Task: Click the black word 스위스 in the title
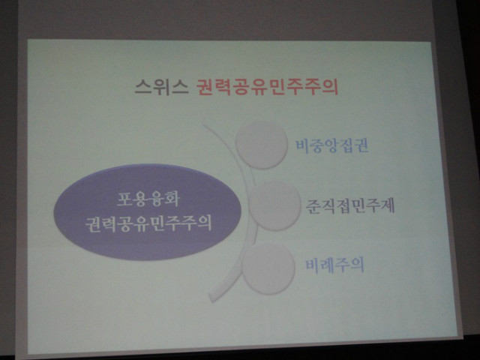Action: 161,87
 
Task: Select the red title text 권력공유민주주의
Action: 267,87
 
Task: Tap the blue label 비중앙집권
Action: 331,145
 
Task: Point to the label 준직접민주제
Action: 350,205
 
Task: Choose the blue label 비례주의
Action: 334,265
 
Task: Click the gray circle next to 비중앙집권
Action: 262,145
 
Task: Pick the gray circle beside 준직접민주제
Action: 274,205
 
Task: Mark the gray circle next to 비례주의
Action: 268,269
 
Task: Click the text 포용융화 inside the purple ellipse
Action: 148,199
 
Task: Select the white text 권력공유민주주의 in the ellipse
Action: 148,223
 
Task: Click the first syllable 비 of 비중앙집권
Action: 302,145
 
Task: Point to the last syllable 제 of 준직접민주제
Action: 387,205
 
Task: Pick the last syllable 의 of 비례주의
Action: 356,265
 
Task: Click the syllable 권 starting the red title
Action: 205,87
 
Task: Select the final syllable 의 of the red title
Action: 330,87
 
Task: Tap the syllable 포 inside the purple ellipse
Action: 124,199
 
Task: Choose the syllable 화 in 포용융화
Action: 171,199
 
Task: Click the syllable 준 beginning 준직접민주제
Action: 313,206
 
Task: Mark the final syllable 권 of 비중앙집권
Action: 361,145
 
